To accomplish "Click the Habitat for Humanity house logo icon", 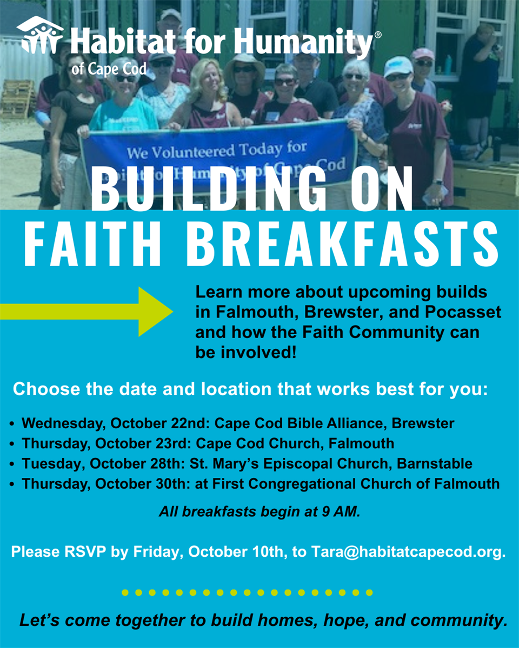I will [x=39, y=36].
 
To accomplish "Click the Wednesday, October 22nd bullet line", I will [x=238, y=423].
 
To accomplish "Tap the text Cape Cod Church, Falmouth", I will [x=295, y=443].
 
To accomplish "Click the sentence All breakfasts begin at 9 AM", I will [x=259, y=512].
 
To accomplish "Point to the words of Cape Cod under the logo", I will [x=108, y=69].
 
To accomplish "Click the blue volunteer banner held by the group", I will [x=216, y=154].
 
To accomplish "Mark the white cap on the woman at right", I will [x=397, y=66].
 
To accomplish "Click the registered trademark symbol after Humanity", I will [x=377, y=35].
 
